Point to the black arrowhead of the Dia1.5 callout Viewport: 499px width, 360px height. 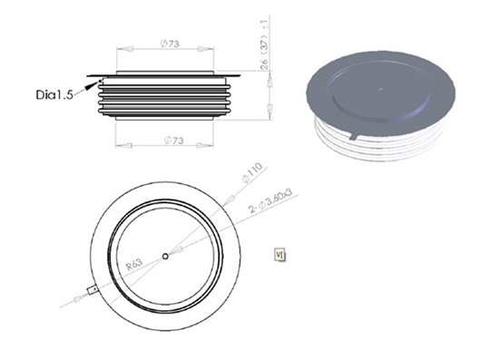pos(88,81)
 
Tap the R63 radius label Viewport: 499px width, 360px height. pos(135,266)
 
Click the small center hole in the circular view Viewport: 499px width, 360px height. pos(165,257)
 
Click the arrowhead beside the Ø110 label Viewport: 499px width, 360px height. pos(237,186)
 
